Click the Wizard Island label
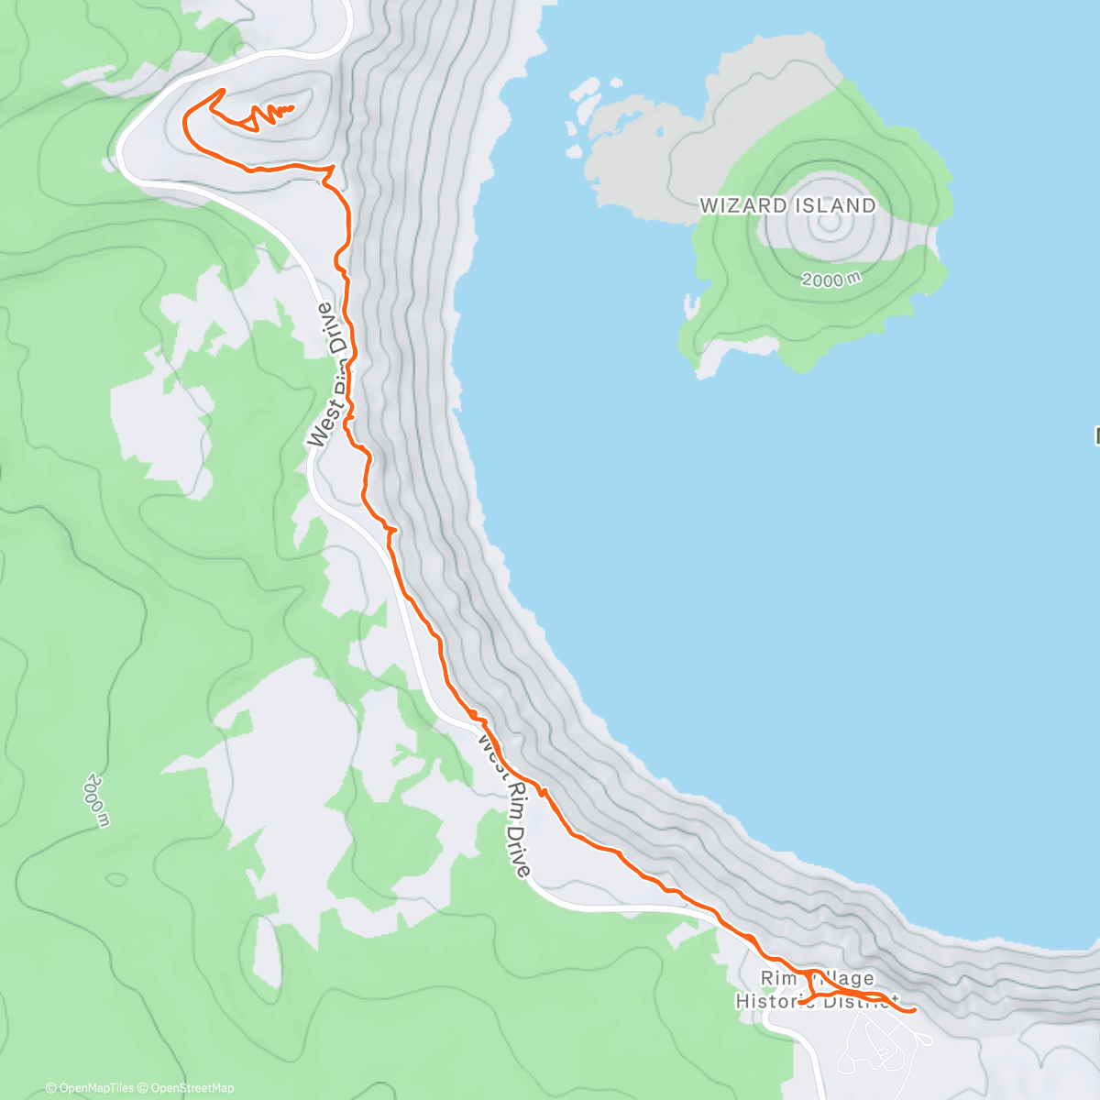click(787, 205)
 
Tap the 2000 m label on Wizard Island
click(830, 279)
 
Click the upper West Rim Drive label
click(332, 376)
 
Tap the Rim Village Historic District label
click(816, 990)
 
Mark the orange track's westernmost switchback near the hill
click(187, 115)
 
